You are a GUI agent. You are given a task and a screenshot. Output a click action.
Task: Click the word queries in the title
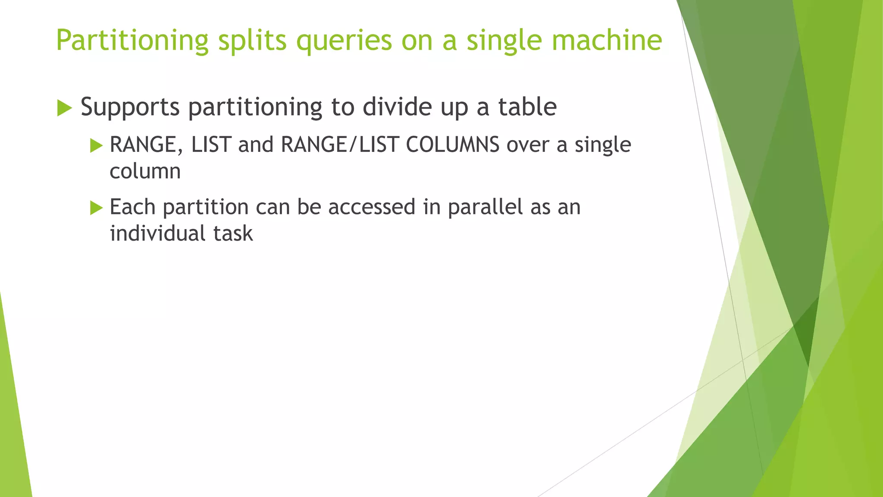pos(344,41)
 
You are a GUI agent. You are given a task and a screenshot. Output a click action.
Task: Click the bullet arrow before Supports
pos(64,108)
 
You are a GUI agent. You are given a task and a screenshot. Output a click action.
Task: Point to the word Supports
pos(130,107)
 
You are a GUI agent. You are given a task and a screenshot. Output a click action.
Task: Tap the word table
pos(527,107)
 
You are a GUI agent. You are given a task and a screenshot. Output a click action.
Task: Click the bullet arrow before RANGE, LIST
pos(96,145)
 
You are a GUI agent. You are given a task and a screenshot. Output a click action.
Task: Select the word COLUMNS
pos(453,145)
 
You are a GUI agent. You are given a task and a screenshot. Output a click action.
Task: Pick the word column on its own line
pos(145,171)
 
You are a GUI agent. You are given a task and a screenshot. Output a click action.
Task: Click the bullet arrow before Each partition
pos(96,208)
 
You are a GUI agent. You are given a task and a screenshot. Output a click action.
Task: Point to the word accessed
pos(372,207)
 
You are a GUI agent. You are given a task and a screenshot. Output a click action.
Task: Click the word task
pos(233,233)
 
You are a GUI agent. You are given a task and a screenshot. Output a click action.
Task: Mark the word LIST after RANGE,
pos(211,145)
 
